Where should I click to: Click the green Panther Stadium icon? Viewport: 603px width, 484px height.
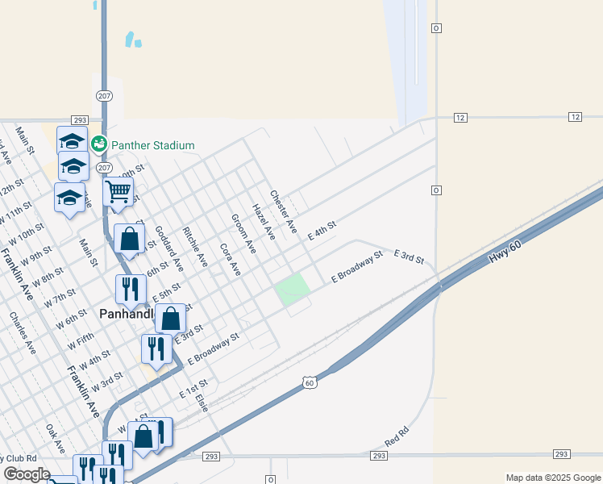tap(98, 144)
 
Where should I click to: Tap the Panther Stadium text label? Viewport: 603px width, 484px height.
tap(153, 146)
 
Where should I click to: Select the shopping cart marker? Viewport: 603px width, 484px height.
tap(118, 193)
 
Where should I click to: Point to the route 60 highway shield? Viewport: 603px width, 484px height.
tap(309, 382)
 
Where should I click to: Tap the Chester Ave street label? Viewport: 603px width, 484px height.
tap(284, 207)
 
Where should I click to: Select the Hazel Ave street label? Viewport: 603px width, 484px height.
tap(264, 222)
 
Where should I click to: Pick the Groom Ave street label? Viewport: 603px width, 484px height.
tap(243, 234)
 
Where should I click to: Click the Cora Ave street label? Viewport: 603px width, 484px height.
tap(230, 259)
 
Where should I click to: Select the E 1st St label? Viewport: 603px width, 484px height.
tap(193, 388)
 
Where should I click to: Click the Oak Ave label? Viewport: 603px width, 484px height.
tap(55, 439)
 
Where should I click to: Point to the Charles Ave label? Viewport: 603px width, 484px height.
tap(22, 334)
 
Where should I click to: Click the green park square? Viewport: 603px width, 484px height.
tap(293, 289)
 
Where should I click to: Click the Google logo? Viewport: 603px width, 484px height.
tap(26, 474)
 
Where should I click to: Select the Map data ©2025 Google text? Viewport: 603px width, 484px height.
tap(552, 478)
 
